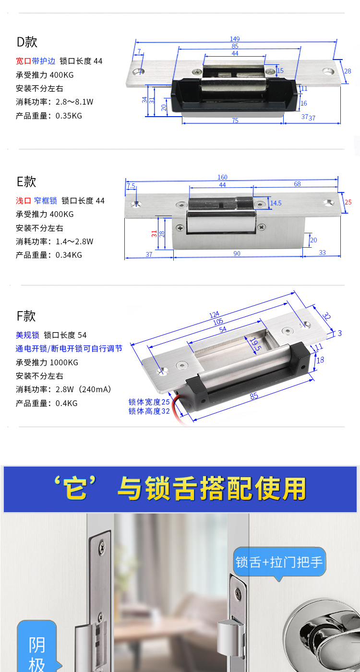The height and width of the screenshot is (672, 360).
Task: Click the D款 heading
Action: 27,42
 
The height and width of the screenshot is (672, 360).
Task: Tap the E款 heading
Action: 26,181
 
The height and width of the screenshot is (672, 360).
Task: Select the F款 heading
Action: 26,316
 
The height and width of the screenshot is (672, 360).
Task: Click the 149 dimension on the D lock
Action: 235,39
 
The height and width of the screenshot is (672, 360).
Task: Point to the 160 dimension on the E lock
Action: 222,177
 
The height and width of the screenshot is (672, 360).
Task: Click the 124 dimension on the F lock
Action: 214,314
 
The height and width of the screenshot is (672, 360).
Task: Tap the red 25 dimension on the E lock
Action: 348,202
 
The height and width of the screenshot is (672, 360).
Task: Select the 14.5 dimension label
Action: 276,203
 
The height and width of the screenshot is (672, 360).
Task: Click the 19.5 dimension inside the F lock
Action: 255,344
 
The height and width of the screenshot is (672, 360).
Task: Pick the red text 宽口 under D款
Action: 24,61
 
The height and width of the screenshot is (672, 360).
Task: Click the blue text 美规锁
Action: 27,335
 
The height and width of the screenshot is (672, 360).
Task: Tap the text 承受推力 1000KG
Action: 47,362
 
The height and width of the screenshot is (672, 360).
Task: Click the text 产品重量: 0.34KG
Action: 49,255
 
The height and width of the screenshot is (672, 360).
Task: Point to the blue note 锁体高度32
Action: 149,411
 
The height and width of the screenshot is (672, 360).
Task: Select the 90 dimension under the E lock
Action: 237,253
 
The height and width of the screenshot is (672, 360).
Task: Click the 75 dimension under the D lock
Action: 235,120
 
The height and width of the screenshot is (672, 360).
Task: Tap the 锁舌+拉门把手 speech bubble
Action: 279,562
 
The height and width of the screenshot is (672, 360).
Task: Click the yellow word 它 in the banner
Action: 76,489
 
